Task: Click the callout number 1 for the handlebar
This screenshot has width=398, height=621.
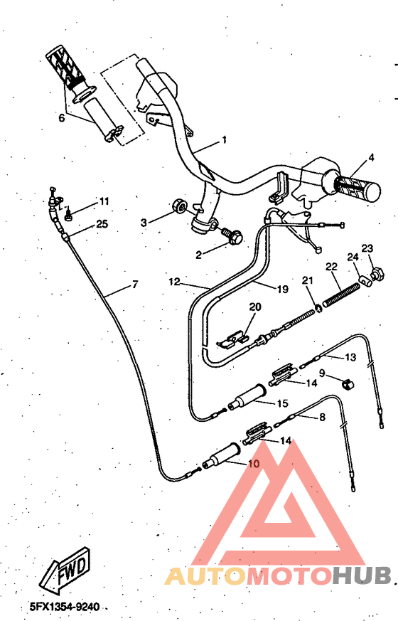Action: pyautogui.click(x=225, y=140)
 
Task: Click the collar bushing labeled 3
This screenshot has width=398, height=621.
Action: pyautogui.click(x=181, y=206)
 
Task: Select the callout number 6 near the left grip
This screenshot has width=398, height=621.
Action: pyautogui.click(x=61, y=118)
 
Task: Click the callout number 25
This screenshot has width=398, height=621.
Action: pyautogui.click(x=102, y=224)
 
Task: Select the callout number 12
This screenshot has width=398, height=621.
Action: pyautogui.click(x=174, y=282)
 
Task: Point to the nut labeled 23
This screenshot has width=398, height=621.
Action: pyautogui.click(x=377, y=272)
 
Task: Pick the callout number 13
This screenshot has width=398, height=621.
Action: pyautogui.click(x=350, y=357)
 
